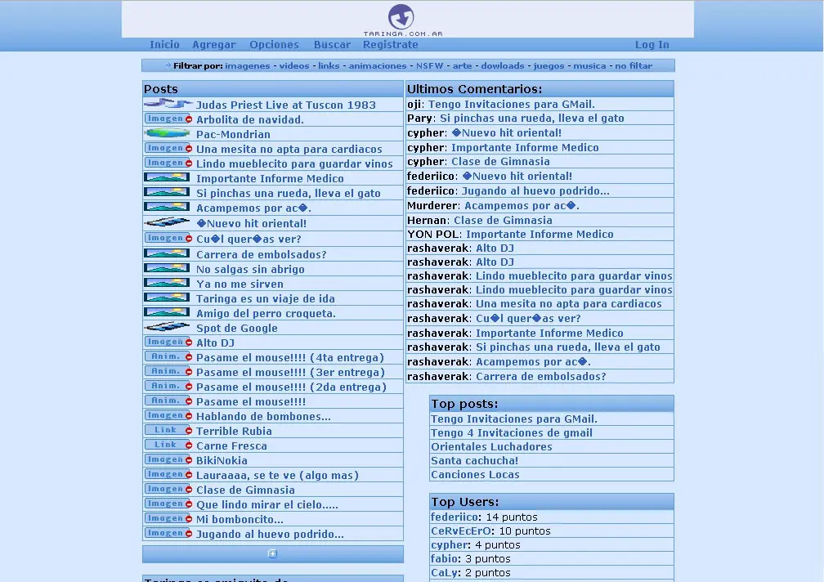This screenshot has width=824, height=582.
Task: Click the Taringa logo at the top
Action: (x=401, y=18)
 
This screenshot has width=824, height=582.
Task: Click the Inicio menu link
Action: (x=164, y=45)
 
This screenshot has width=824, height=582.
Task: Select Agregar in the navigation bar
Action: (x=213, y=45)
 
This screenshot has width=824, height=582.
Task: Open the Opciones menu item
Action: (x=274, y=45)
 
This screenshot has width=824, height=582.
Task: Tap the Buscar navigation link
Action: (x=332, y=45)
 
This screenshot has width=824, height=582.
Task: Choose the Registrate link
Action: (x=390, y=45)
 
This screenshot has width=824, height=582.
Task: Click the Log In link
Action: (x=652, y=45)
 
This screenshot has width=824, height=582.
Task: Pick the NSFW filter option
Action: (x=430, y=66)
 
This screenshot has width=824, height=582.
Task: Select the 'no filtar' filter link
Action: (x=634, y=66)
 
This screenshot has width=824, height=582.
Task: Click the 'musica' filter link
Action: (x=589, y=66)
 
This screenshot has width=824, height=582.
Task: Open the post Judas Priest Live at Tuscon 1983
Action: (x=285, y=105)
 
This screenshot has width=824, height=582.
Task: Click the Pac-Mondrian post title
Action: (x=233, y=134)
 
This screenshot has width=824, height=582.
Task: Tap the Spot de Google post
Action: (x=236, y=328)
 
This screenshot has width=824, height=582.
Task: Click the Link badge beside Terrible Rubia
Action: (x=166, y=430)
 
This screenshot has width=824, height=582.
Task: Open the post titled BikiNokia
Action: (x=222, y=460)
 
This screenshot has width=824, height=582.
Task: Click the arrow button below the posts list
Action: (x=272, y=553)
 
